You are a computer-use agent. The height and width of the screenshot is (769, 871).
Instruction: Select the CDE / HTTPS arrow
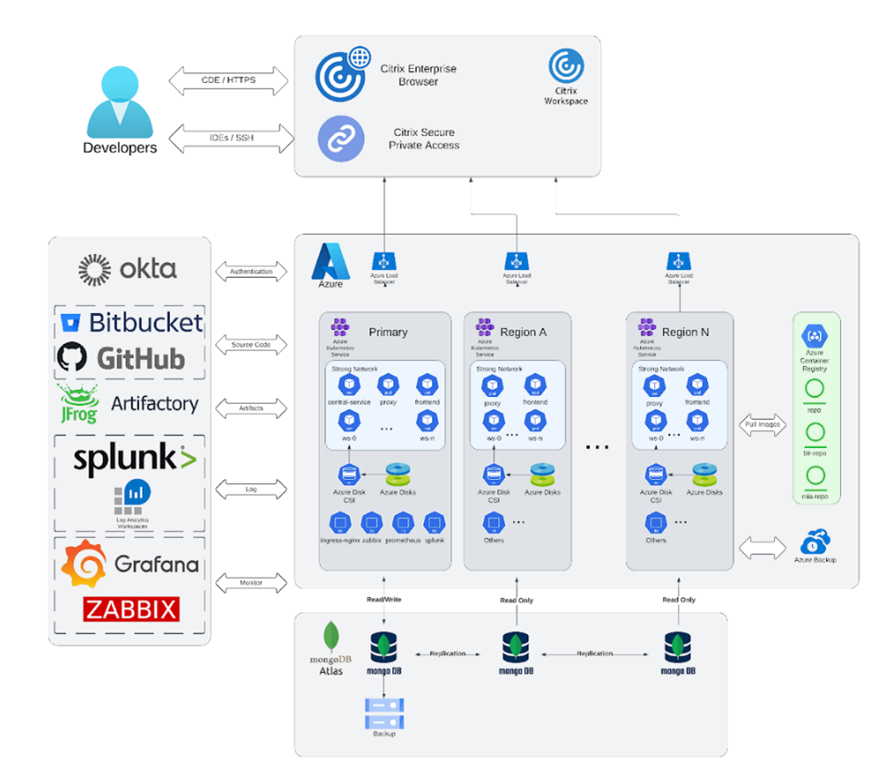pyautogui.click(x=228, y=80)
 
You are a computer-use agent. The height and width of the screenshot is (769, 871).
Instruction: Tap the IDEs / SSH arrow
pyautogui.click(x=231, y=138)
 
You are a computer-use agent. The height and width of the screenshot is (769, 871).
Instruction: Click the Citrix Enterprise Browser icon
pyautogui.click(x=342, y=73)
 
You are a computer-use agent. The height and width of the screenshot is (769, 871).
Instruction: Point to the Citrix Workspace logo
pyautogui.click(x=566, y=67)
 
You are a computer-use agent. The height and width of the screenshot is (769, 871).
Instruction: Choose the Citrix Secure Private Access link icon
pyautogui.click(x=340, y=139)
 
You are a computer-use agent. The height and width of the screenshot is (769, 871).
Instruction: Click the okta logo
pyautogui.click(x=128, y=268)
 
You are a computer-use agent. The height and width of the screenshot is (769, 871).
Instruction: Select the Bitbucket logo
pyautogui.click(x=132, y=323)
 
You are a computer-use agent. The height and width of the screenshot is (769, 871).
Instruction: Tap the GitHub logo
pyautogui.click(x=122, y=358)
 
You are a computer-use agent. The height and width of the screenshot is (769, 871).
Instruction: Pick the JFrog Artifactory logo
pyautogui.click(x=128, y=404)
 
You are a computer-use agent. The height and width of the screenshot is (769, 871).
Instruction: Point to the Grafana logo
pyautogui.click(x=130, y=564)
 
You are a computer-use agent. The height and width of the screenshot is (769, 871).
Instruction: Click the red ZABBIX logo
pyautogui.click(x=131, y=609)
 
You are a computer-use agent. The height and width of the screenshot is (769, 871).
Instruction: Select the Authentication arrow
pyautogui.click(x=251, y=272)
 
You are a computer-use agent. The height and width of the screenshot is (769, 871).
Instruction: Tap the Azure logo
pyautogui.click(x=331, y=262)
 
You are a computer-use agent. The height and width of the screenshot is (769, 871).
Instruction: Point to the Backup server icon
pyautogui.click(x=383, y=713)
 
